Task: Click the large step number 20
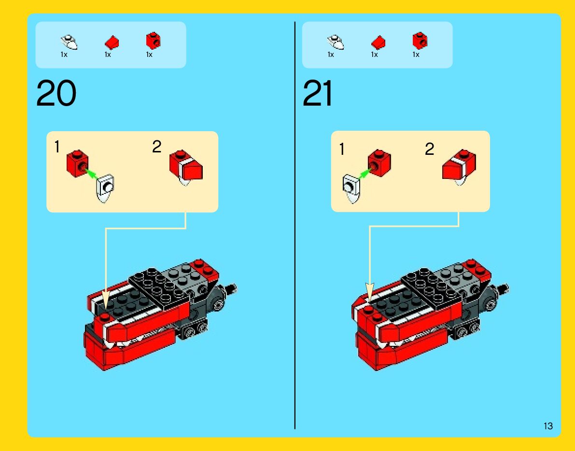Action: [56, 94]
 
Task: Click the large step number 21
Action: [318, 94]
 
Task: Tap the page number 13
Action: [548, 426]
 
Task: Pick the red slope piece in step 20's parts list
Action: [112, 42]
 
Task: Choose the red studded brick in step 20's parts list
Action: [153, 41]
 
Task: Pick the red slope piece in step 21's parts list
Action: [378, 42]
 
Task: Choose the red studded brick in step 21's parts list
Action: [420, 41]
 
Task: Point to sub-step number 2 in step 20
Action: [156, 147]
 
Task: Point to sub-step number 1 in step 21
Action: [342, 150]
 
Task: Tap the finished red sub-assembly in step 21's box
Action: [459, 167]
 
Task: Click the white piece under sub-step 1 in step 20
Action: [106, 189]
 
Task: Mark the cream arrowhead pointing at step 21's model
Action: [369, 292]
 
